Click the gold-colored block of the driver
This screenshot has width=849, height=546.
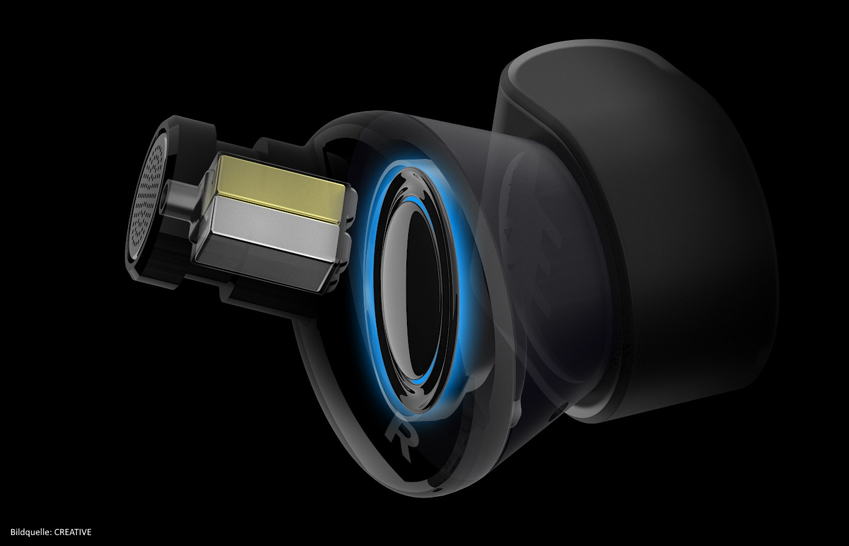[x=280, y=187]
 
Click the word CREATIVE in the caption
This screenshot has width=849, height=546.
[x=72, y=532]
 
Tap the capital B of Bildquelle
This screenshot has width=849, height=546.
[x=13, y=532]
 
